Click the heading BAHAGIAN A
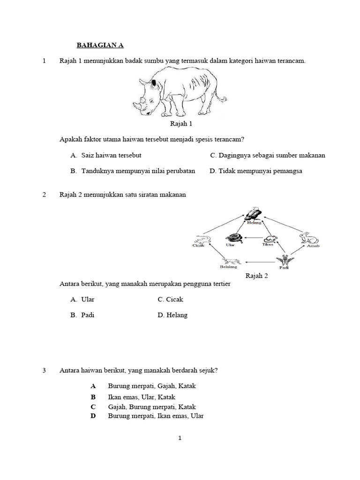pyautogui.click(x=100, y=46)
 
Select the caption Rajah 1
pyautogui.click(x=181, y=124)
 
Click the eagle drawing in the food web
pyautogui.click(x=254, y=213)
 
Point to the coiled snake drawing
pyautogui.click(x=233, y=238)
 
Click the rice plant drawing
pyautogui.click(x=282, y=260)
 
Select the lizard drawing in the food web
pyautogui.click(x=202, y=239)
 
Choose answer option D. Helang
pyautogui.click(x=172, y=315)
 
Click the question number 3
pyautogui.click(x=44, y=370)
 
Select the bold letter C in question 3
pyautogui.click(x=93, y=407)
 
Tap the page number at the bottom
pyautogui.click(x=180, y=438)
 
